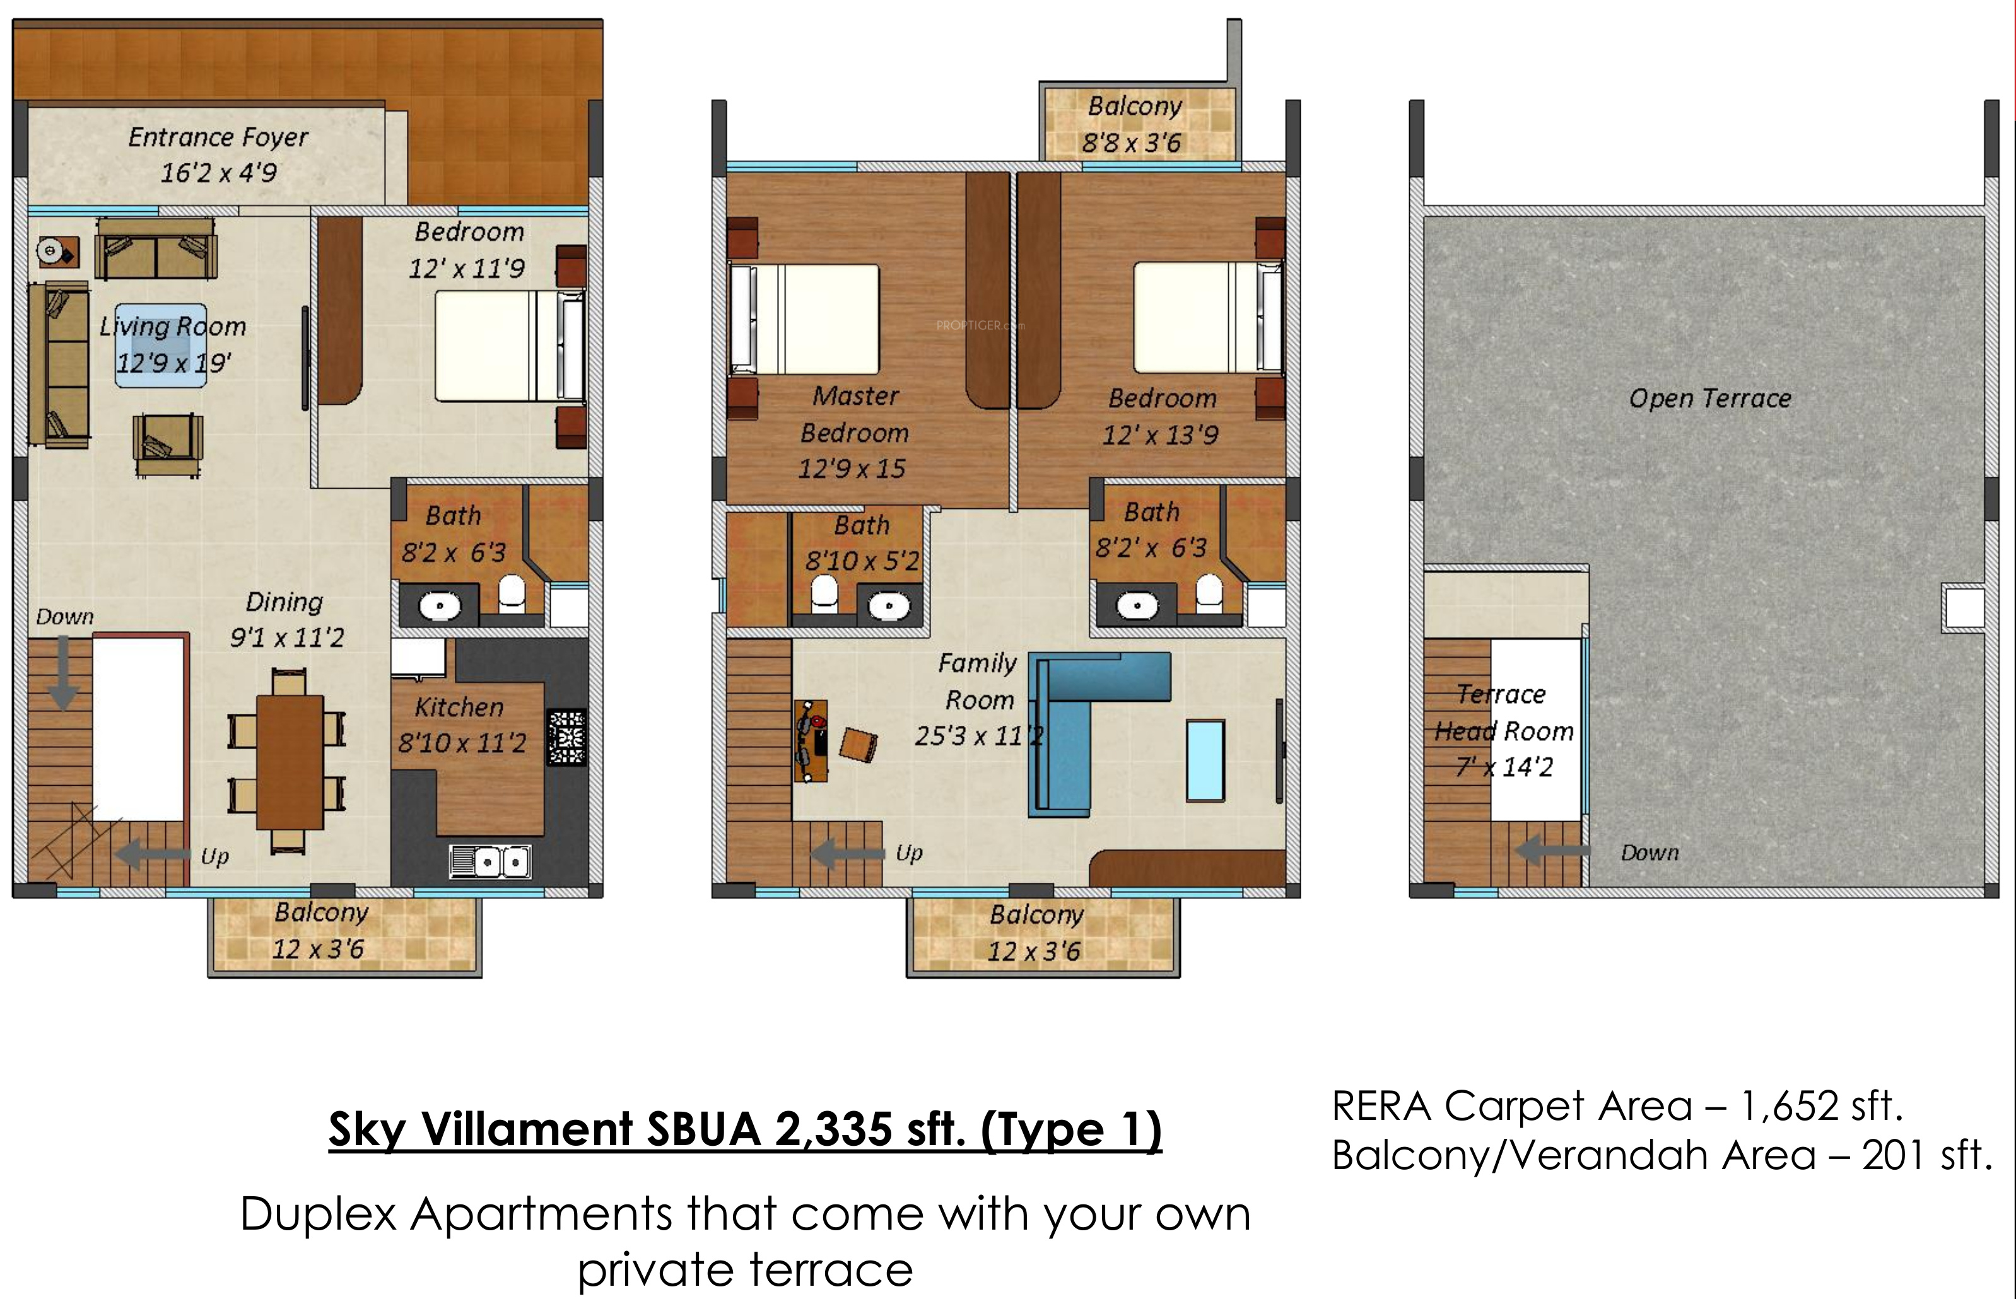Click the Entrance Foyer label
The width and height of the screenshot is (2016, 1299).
click(218, 137)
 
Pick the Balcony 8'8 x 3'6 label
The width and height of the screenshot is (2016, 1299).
click(1133, 124)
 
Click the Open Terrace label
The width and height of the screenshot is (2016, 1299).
click(1710, 398)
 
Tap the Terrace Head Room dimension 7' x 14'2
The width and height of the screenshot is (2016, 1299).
click(1504, 767)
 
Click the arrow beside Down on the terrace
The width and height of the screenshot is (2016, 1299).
click(1552, 852)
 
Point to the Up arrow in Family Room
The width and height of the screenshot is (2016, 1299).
click(848, 853)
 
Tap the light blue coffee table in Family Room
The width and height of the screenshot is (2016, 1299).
click(1205, 759)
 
